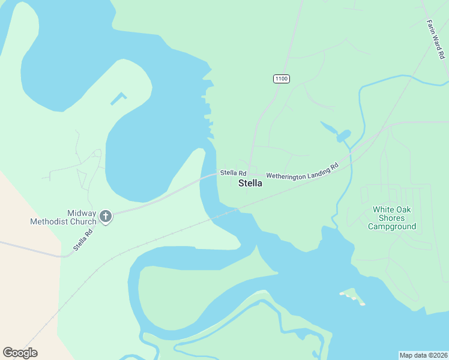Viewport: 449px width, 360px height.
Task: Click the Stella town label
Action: tap(250, 183)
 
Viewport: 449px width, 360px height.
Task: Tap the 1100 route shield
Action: tap(281, 79)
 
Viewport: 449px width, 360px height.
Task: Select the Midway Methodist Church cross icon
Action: tap(106, 217)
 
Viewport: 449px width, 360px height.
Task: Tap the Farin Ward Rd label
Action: tap(435, 40)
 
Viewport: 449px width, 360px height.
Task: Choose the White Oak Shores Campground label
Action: tap(392, 218)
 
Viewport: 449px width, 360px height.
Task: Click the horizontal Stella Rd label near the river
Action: tap(234, 173)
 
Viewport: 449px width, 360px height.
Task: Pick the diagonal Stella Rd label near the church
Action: tap(84, 240)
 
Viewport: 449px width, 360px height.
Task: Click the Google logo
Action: tap(20, 352)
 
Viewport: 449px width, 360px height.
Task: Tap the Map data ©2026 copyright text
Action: tap(423, 355)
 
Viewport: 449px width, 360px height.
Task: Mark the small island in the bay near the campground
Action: tap(353, 296)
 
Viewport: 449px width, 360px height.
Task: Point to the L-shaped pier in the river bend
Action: tap(119, 98)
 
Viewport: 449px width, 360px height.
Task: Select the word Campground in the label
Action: tap(392, 227)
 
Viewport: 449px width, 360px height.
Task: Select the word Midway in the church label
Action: tap(82, 213)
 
